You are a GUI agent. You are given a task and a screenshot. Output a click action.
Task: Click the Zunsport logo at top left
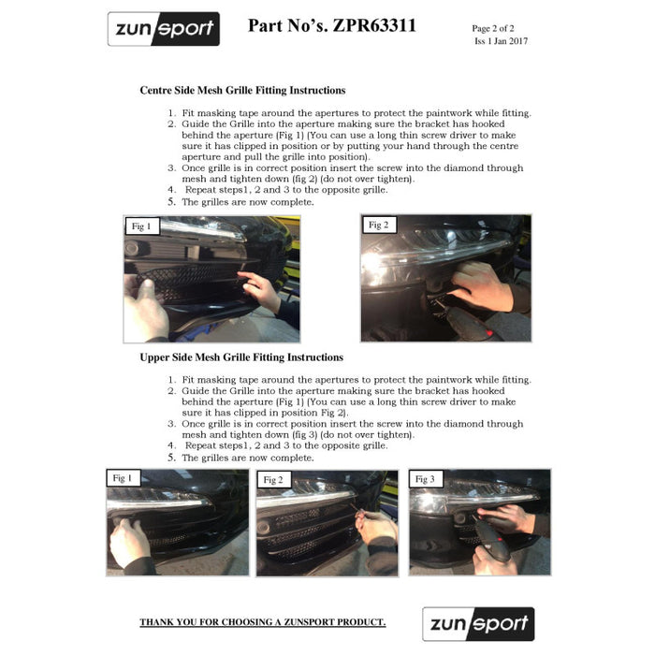coord(163,29)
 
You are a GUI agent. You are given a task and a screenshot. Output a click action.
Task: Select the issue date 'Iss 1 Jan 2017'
coord(501,42)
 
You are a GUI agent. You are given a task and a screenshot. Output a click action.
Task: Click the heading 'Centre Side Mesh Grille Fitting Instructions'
coord(242,91)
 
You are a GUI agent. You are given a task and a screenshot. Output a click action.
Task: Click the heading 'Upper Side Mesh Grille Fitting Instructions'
coord(241,357)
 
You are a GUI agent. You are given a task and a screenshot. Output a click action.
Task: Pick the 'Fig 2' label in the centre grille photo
coord(378,225)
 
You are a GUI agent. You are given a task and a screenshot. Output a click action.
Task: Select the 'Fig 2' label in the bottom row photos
coord(273,480)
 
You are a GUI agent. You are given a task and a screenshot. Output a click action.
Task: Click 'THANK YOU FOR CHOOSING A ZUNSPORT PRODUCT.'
coord(262,622)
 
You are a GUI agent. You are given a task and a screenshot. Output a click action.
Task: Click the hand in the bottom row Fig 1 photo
coord(129,541)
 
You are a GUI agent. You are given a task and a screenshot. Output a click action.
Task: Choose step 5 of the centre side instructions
coord(248,202)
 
